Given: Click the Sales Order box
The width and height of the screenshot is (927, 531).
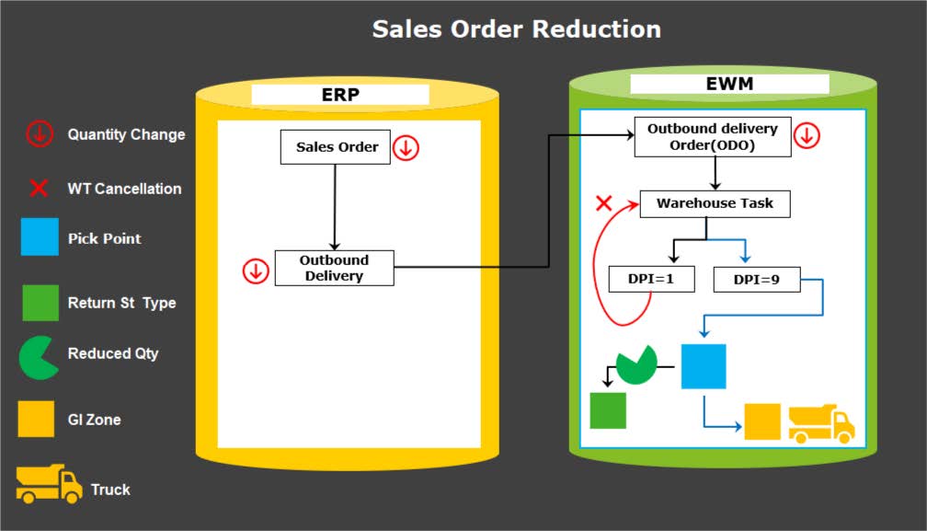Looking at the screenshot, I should point(336,147).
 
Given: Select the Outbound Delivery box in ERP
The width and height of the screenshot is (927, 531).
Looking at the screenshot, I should point(334,268).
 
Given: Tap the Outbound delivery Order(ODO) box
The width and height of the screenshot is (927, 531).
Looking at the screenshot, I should point(712,136).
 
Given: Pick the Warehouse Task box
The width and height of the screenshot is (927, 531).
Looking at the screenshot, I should point(715,203).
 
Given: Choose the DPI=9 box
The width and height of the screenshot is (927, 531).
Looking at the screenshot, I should point(757,279).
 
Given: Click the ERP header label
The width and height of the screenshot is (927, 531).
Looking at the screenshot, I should point(339,94).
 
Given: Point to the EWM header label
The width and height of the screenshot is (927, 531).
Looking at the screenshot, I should point(729,84).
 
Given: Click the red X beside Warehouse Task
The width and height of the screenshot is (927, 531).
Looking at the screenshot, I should point(604,203).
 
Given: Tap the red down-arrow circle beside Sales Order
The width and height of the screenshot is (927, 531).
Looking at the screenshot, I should point(406,147).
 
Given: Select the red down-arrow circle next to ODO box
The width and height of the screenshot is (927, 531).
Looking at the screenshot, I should point(807,135).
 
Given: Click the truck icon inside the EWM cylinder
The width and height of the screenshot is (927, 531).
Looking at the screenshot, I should point(821,422).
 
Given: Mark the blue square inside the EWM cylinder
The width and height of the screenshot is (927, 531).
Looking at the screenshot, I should point(704,366).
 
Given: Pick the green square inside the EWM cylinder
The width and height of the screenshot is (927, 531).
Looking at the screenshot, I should point(607,410).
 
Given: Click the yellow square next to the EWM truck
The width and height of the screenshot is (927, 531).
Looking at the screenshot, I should point(762,421).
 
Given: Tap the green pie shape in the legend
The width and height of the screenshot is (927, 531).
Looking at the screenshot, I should point(39,357).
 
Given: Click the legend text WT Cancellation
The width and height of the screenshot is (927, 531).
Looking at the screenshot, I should point(124,189).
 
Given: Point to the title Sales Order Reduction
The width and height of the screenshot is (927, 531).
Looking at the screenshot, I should point(516,29).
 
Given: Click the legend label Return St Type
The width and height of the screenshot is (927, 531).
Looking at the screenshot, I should point(121,303).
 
